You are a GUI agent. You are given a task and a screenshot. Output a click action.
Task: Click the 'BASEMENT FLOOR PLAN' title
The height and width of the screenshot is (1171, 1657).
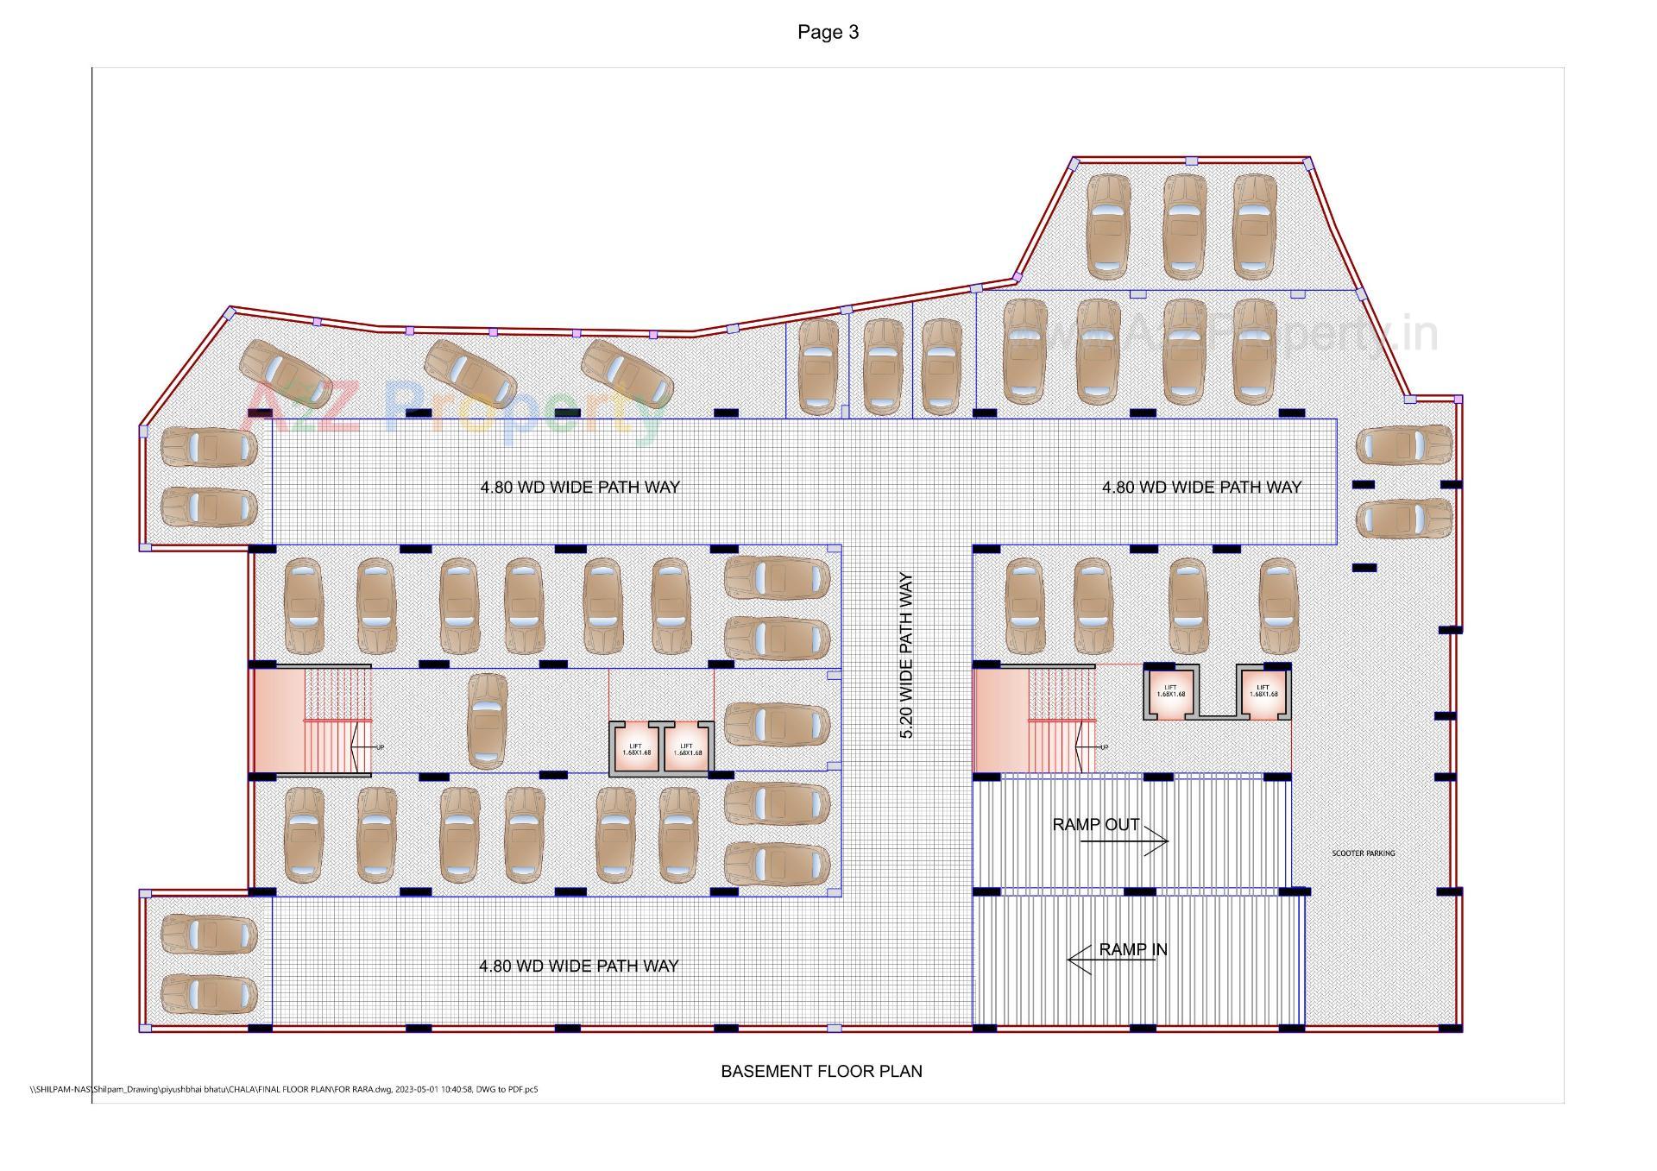point(821,1071)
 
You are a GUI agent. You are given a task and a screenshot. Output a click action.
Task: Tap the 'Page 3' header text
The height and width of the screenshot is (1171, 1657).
point(828,32)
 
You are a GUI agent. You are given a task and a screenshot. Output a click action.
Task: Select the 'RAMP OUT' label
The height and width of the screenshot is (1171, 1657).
point(1095,824)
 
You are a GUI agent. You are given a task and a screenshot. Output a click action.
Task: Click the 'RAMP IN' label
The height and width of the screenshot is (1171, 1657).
point(1132,949)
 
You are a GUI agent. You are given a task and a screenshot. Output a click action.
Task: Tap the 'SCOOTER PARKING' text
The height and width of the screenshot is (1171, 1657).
point(1363,853)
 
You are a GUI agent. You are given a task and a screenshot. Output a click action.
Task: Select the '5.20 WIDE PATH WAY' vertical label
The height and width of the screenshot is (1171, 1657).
point(906,656)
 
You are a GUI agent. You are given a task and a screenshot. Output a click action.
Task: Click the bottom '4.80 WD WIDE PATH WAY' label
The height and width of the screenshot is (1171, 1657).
point(578,966)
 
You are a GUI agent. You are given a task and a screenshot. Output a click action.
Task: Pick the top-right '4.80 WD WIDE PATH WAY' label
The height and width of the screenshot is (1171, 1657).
point(1200,487)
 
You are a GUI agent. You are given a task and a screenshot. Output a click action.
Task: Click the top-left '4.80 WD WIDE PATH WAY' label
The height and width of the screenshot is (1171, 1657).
point(579,487)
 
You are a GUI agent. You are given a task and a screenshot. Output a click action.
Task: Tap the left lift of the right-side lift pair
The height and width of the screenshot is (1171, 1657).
point(1170,692)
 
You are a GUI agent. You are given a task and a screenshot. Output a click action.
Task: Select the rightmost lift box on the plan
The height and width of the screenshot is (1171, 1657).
point(1263,692)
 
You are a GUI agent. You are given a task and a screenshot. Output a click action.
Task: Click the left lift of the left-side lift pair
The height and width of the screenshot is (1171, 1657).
point(636,750)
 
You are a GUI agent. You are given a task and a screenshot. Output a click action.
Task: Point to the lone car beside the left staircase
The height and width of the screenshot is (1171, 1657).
point(487,721)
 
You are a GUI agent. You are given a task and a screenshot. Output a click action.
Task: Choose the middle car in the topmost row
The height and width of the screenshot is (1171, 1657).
point(1184,226)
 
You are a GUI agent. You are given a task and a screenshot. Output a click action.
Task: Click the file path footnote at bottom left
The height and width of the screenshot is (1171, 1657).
point(284,1089)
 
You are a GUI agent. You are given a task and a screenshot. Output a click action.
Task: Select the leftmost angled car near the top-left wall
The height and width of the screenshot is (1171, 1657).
point(285,375)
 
